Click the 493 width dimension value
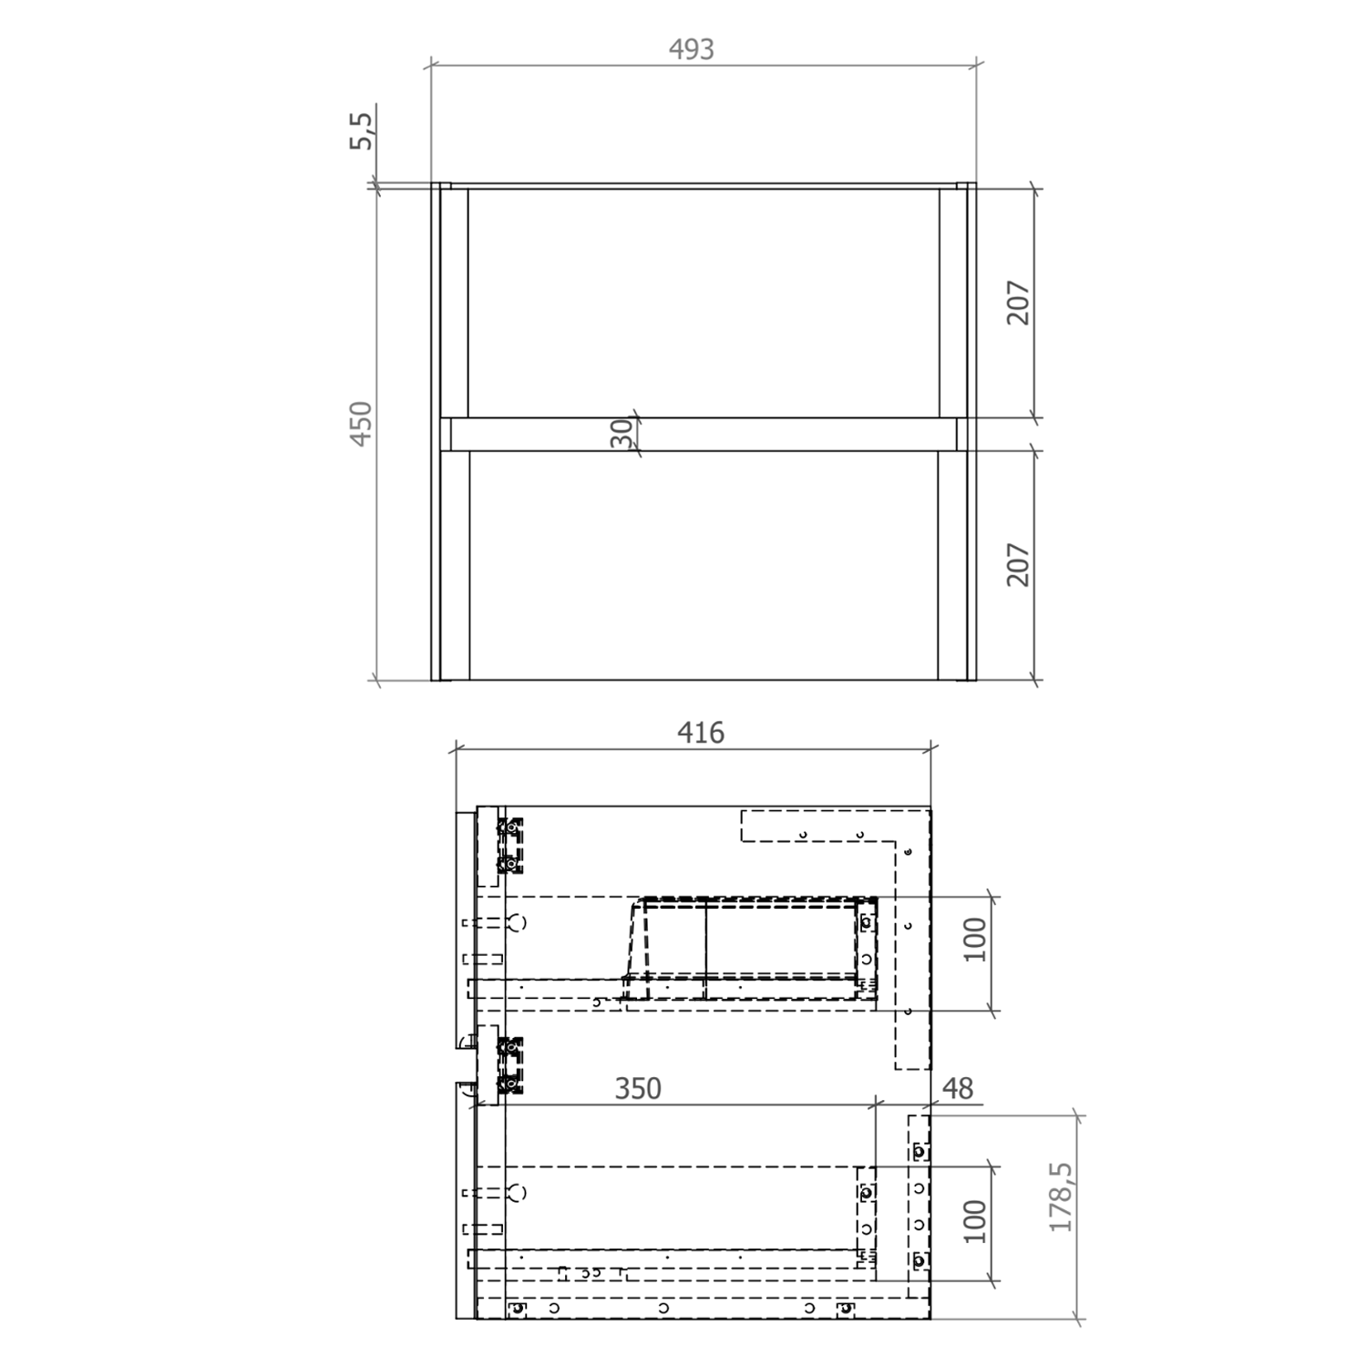[x=692, y=49]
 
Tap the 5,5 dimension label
[x=362, y=130]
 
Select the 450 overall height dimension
[x=362, y=423]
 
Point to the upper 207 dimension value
[x=1018, y=303]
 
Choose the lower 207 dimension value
[x=1018, y=565]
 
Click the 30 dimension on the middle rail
[x=622, y=434]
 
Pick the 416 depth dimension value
[x=701, y=733]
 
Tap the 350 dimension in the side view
[x=638, y=1089]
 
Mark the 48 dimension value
[x=958, y=1089]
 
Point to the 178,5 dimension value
[x=1062, y=1197]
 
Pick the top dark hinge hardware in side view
[x=510, y=846]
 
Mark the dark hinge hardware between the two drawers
[x=510, y=1064]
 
